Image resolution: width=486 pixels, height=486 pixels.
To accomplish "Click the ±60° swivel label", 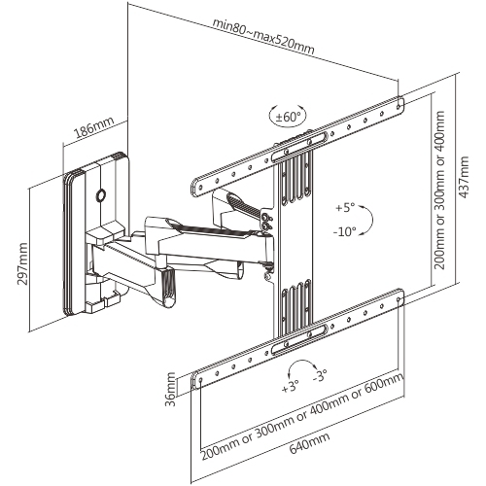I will tap(288, 117).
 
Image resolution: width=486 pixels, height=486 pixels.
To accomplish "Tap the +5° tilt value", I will tap(345, 209).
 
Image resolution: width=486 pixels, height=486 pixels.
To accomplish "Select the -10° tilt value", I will tap(345, 232).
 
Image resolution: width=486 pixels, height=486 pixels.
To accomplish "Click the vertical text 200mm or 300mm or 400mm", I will tap(439, 190).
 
